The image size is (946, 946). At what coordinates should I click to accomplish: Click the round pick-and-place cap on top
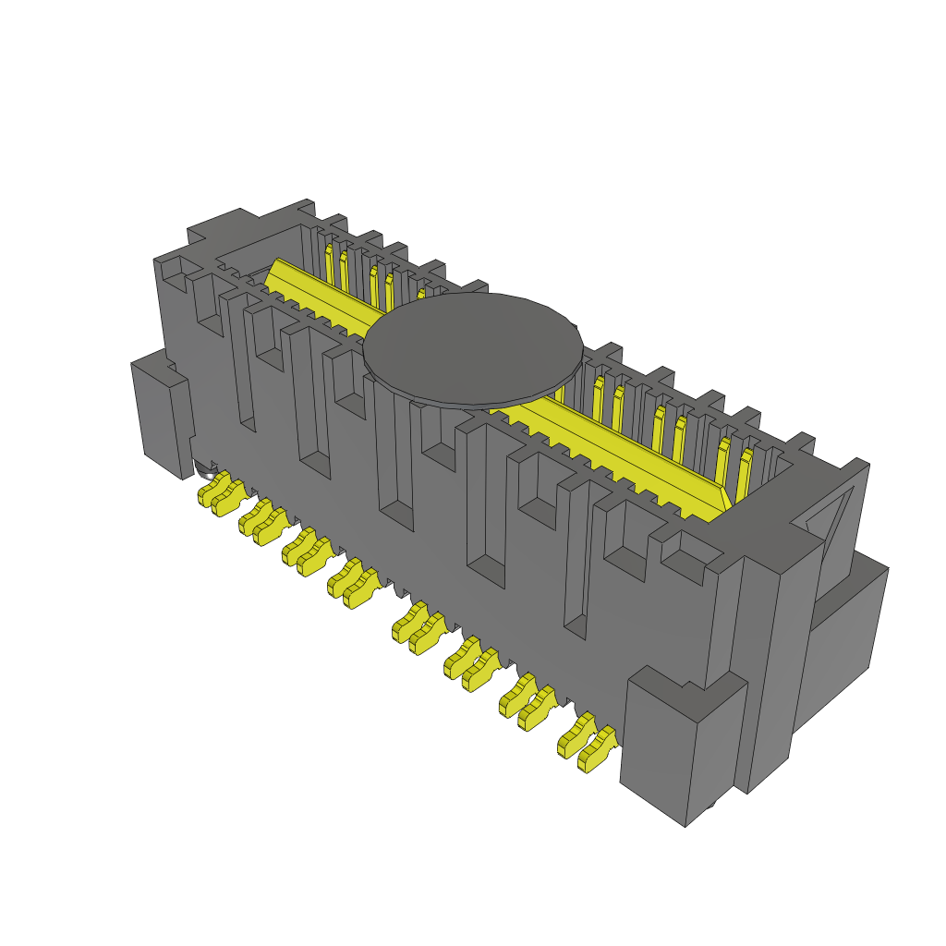point(473,349)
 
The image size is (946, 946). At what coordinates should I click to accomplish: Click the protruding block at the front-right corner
point(684,748)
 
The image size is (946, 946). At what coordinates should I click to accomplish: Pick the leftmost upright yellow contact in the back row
point(329,262)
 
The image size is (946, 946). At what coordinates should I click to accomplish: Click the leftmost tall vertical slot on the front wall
point(244,370)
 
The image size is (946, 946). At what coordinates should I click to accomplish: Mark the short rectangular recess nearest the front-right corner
point(688,564)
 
